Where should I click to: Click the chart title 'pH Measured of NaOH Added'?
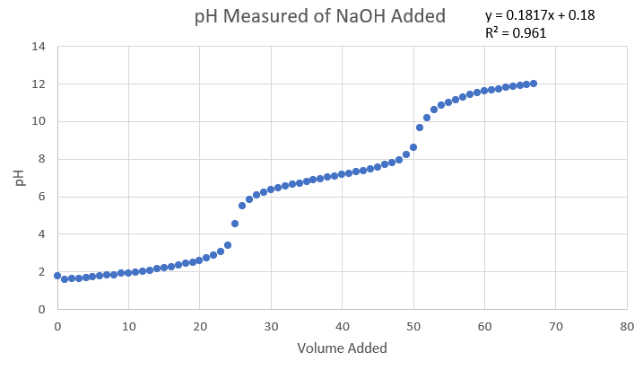point(320,16)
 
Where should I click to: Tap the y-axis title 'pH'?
point(19,178)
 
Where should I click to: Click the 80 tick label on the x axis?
point(627,327)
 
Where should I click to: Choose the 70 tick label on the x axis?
point(555,327)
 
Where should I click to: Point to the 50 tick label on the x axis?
point(413,327)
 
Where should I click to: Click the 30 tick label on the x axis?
point(271,327)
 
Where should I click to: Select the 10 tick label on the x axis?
point(128,327)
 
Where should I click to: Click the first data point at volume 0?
point(57,276)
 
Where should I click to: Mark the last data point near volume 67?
point(534,84)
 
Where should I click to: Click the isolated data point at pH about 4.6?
point(235,223)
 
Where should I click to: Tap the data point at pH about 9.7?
point(420,128)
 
